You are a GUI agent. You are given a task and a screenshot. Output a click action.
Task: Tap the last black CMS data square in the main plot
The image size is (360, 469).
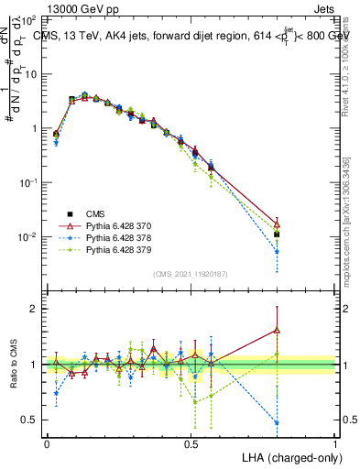277,234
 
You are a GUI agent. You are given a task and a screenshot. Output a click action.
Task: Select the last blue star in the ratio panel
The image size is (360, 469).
277,422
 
